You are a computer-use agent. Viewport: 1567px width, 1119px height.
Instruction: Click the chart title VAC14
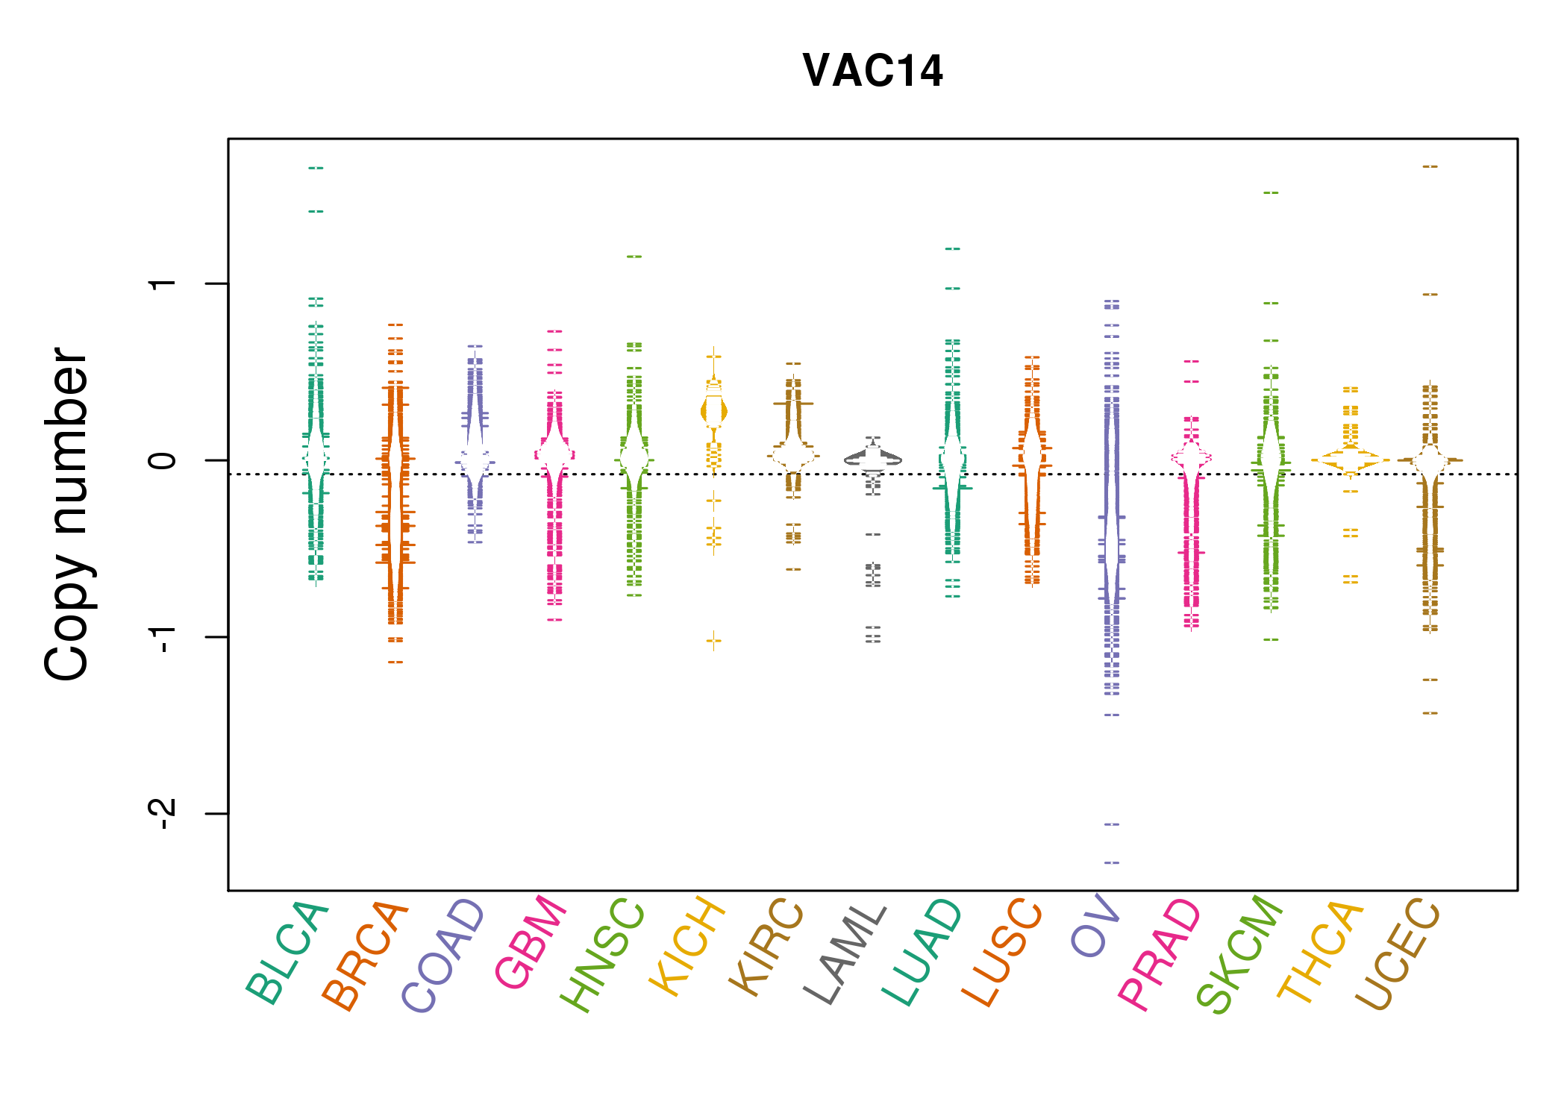click(872, 71)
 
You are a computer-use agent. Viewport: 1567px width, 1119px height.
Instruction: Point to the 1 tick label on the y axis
click(162, 283)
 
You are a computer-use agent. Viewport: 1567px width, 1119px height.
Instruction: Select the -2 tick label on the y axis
click(162, 813)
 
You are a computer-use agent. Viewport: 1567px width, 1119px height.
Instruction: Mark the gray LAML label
click(845, 955)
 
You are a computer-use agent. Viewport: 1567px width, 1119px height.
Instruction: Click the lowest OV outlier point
click(1112, 862)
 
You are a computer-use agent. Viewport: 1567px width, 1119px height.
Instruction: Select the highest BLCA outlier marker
click(316, 168)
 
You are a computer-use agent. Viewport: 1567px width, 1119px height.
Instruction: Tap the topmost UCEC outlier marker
click(1430, 166)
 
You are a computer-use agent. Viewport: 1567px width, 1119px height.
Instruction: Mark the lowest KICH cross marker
click(714, 640)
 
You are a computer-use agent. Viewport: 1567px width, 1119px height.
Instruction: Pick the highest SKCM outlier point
click(1271, 192)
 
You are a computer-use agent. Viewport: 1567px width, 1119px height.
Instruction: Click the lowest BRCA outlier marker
click(395, 662)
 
